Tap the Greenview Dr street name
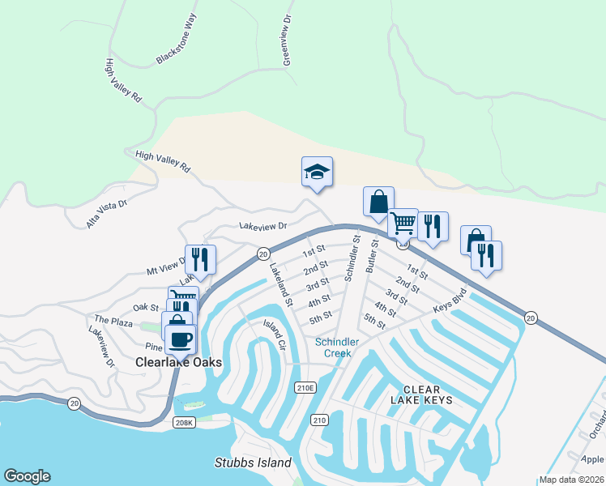(x=286, y=40)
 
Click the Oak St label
(x=146, y=307)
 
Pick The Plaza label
(x=113, y=322)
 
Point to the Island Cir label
(x=275, y=334)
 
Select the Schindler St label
(x=351, y=258)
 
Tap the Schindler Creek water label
(x=337, y=347)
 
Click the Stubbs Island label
(x=252, y=463)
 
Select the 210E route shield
(x=305, y=388)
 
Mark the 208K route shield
(x=185, y=422)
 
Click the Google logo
(x=27, y=476)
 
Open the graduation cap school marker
(x=317, y=172)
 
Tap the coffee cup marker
(x=180, y=339)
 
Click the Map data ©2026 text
(x=572, y=480)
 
